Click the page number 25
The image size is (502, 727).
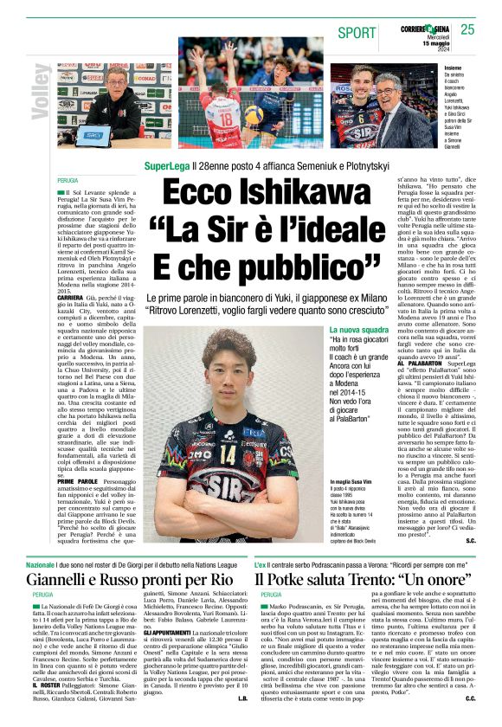tap(468, 29)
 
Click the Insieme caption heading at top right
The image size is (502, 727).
tap(452, 68)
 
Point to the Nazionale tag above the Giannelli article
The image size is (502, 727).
tap(41, 563)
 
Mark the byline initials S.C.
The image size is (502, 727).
tap(471, 540)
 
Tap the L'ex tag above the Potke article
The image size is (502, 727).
tap(261, 563)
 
